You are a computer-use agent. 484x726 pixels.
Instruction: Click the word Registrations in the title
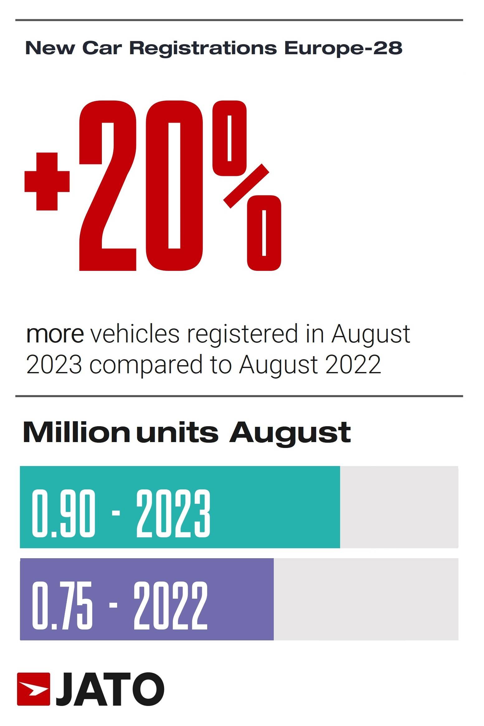(203, 49)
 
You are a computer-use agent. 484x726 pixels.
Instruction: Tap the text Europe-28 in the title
(343, 49)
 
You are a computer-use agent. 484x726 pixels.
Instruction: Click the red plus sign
(47, 181)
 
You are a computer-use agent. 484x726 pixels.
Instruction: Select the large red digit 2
(108, 186)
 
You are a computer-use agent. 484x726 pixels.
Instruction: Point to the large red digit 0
(174, 186)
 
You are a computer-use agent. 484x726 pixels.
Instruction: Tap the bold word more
(55, 334)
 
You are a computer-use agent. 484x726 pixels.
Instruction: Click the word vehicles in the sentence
(135, 334)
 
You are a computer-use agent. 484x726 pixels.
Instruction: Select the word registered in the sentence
(242, 334)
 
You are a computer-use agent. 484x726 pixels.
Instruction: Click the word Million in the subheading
(76, 433)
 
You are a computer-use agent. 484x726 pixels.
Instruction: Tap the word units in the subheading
(177, 433)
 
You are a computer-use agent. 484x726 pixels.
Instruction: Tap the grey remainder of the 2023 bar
(399, 507)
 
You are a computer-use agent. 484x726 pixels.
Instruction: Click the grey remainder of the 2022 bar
(366, 599)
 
